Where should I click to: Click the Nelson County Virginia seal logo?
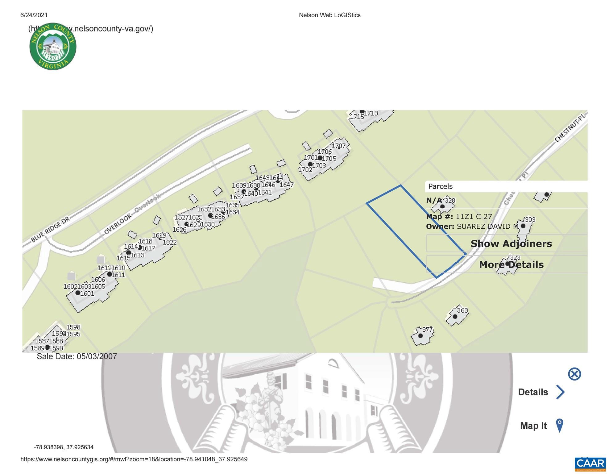[x=53, y=46]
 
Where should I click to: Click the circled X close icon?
[x=574, y=374]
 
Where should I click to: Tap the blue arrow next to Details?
[x=560, y=392]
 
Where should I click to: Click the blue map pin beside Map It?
[x=559, y=426]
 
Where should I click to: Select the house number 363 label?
[x=462, y=310]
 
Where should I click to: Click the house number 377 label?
[x=427, y=329]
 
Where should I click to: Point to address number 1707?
[x=338, y=146]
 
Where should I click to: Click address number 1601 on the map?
[x=87, y=293]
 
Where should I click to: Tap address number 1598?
[x=73, y=327]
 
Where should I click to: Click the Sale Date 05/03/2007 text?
[x=77, y=356]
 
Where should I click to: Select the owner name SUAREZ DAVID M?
[x=487, y=227]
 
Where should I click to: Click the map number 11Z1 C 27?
[x=474, y=216]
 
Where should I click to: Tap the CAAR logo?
[x=590, y=464]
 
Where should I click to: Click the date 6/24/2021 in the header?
[x=34, y=15]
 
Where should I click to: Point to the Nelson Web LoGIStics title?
[x=329, y=15]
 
